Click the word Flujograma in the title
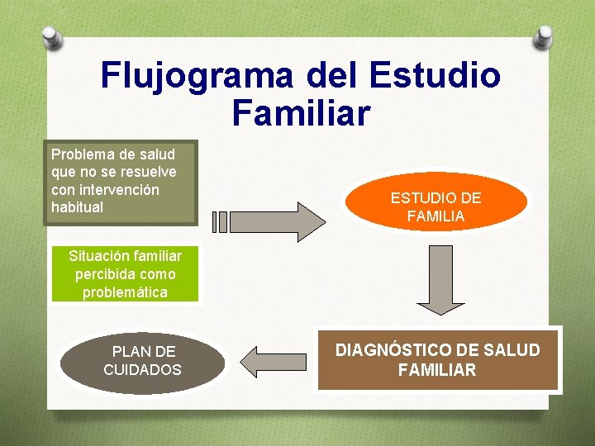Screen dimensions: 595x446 [197, 76]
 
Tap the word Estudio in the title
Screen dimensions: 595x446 [436, 76]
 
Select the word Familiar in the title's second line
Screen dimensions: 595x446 [301, 113]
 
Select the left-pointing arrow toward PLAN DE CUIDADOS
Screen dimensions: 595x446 [274, 362]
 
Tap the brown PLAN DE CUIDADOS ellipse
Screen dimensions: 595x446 [142, 362]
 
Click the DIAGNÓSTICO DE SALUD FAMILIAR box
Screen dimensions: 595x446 [437, 360]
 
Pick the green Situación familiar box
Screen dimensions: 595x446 [125, 274]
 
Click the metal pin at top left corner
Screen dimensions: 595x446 [52, 36]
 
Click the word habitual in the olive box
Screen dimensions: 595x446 [77, 207]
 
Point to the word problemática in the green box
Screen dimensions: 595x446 [125, 292]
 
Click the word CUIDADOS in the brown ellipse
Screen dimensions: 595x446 [142, 370]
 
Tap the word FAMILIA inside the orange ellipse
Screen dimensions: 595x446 [436, 216]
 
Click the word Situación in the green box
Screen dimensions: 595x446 [98, 256]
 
